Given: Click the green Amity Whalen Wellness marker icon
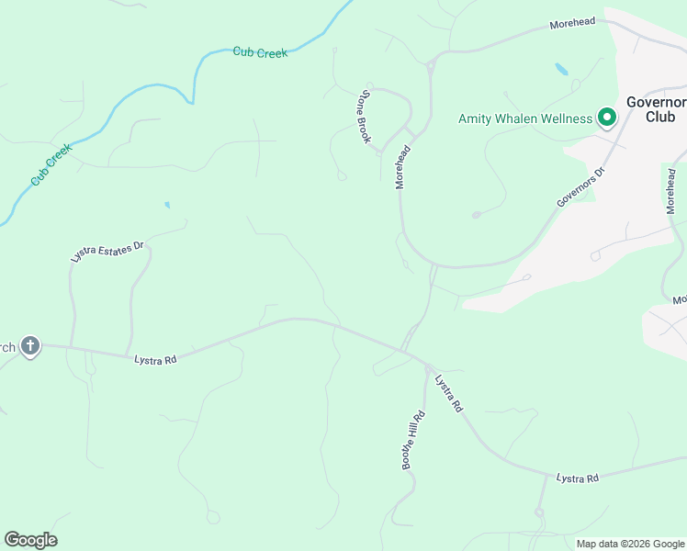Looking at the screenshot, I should tap(606, 118).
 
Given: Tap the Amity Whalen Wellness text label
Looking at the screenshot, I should tap(525, 118).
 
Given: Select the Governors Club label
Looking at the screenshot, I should tap(656, 109).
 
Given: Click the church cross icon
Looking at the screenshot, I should tap(30, 346).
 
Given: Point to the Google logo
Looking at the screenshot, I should tap(30, 540).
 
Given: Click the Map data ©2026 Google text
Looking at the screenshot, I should tap(630, 544).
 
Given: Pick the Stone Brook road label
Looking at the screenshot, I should tap(366, 117).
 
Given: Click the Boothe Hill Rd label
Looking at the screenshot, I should tap(414, 440).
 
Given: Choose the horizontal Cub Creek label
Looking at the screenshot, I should tap(260, 52).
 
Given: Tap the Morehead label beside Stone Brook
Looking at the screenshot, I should tap(401, 166).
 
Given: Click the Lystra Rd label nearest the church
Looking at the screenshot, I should tap(154, 360).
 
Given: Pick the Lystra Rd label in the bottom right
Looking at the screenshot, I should tap(578, 478).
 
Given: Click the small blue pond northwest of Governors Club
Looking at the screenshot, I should tap(561, 69).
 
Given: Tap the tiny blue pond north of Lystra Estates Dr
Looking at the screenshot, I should tap(166, 204).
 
